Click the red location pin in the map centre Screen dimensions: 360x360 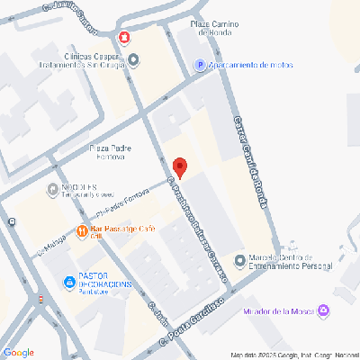tap(180, 167)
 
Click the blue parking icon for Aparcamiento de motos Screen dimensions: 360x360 tap(200, 65)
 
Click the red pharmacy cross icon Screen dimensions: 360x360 tap(123, 39)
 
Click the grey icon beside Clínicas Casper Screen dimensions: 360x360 tap(134, 60)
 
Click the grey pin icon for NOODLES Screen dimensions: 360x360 tap(51, 189)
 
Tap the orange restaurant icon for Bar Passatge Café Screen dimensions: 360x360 tap(84, 229)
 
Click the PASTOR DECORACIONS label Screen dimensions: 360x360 tap(104, 280)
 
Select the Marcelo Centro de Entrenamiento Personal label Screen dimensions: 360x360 tap(289, 261)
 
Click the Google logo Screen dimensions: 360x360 tap(19, 351)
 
